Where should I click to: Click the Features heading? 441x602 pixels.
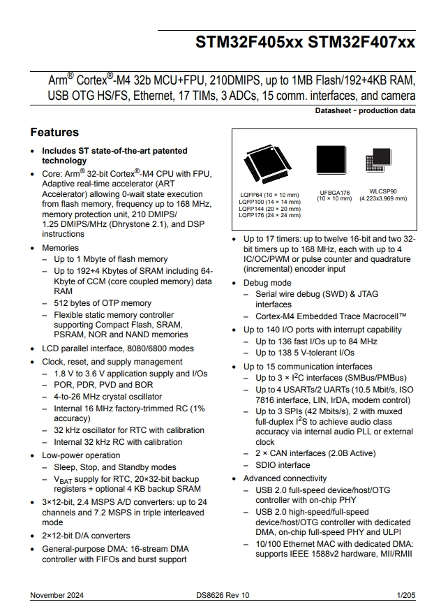(54, 132)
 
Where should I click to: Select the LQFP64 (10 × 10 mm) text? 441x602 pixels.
(269, 195)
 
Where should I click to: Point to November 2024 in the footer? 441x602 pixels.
(57, 594)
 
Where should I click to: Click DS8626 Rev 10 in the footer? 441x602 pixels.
(223, 594)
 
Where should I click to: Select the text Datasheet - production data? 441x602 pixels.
(365, 110)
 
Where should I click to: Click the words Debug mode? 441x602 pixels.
(267, 284)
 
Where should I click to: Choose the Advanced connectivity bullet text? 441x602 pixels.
(285, 478)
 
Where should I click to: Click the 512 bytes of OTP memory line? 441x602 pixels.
(103, 303)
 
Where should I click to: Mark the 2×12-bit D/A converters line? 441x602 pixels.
(86, 536)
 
